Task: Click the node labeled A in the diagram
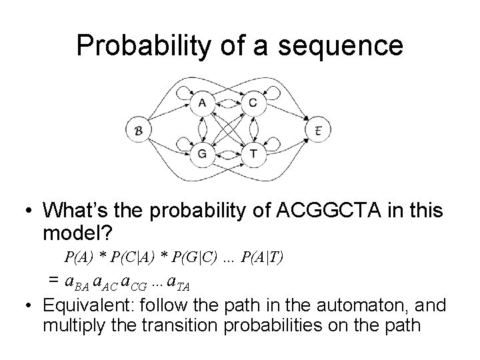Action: [x=201, y=103]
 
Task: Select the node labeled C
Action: [x=253, y=103]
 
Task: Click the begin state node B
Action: [x=138, y=129]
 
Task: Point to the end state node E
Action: [x=317, y=129]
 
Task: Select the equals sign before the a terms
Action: [x=51, y=280]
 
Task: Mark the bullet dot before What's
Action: [x=28, y=212]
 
